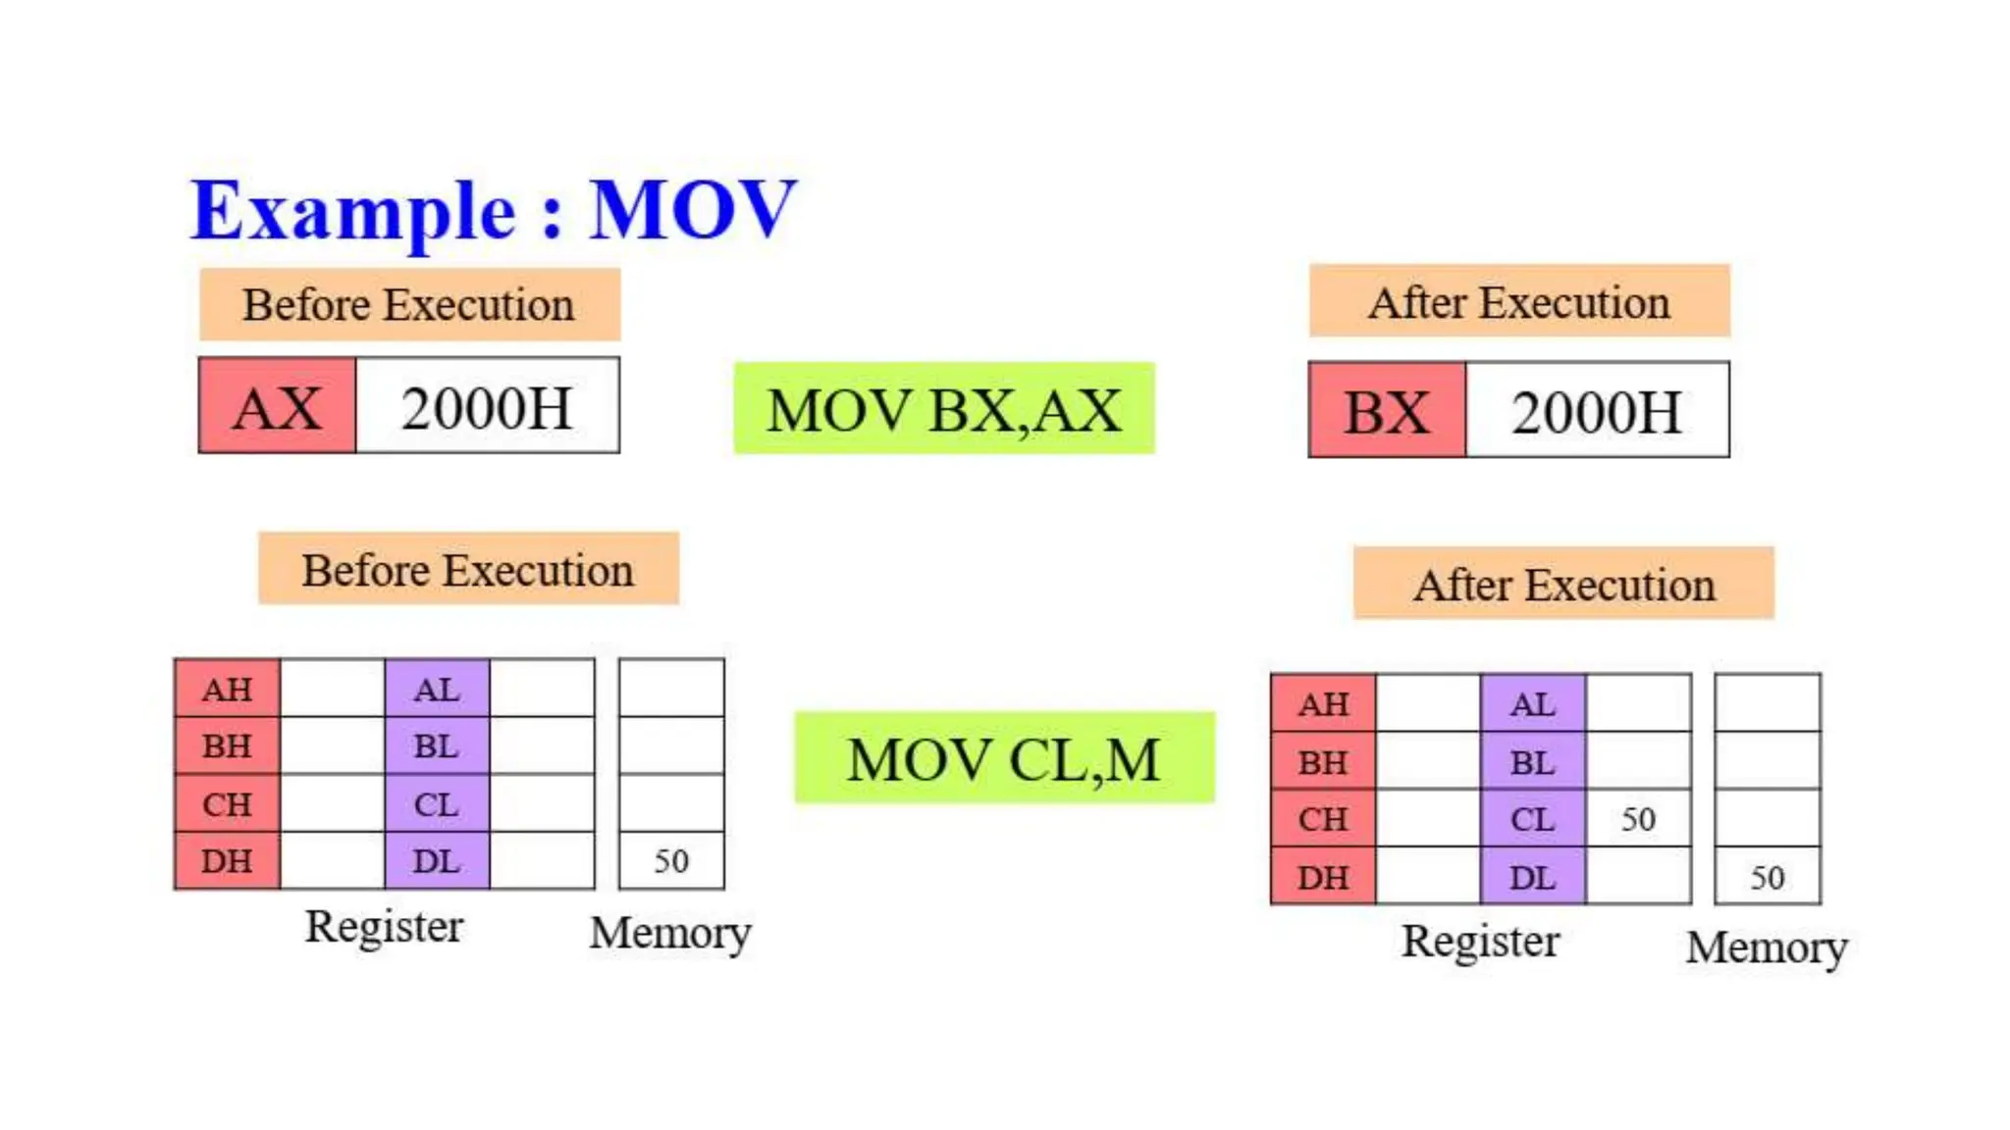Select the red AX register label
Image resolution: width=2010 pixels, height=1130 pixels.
pyautogui.click(x=277, y=406)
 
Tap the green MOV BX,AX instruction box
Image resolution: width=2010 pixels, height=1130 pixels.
pyautogui.click(x=944, y=409)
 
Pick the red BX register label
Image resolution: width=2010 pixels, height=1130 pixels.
pyautogui.click(x=1387, y=411)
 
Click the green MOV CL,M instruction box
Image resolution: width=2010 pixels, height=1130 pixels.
pyautogui.click(x=1004, y=758)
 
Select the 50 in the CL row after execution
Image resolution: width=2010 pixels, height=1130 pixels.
pyautogui.click(x=1638, y=819)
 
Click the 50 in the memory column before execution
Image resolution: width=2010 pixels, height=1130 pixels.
pyautogui.click(x=671, y=861)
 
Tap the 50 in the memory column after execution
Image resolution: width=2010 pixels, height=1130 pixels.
pyautogui.click(x=1768, y=877)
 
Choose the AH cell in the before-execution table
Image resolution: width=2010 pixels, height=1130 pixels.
pyautogui.click(x=227, y=689)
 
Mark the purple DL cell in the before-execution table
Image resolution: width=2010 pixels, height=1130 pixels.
pyautogui.click(x=437, y=861)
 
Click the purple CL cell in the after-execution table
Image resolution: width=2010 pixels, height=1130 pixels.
pyautogui.click(x=1532, y=819)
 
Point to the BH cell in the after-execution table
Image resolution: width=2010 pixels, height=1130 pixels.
pyautogui.click(x=1323, y=762)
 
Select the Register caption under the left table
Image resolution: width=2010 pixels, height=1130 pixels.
pyautogui.click(x=384, y=927)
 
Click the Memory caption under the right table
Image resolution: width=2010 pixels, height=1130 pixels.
pyautogui.click(x=1767, y=948)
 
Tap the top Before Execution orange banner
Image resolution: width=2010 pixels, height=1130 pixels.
pyautogui.click(x=409, y=305)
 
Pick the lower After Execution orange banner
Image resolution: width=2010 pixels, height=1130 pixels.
pyautogui.click(x=1563, y=585)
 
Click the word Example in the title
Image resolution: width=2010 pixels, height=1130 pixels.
pyautogui.click(x=353, y=211)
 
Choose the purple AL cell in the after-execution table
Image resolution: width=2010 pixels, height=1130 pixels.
pyautogui.click(x=1532, y=704)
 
